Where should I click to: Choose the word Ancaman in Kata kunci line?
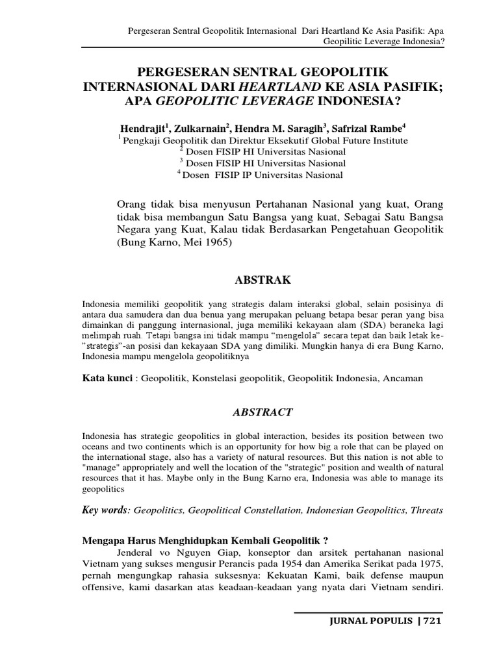click(403, 378)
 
